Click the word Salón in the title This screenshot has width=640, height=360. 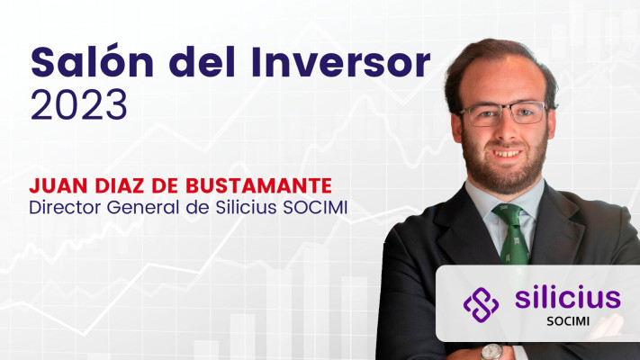(92, 61)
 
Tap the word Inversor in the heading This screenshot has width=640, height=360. (341, 62)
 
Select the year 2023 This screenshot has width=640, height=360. (79, 104)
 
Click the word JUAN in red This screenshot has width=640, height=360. (59, 186)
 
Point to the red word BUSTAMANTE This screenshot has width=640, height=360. (258, 186)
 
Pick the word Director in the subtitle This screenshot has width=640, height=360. (65, 207)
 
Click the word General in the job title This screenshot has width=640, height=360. (143, 207)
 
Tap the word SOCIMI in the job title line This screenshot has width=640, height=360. (315, 207)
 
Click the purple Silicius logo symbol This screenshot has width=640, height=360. (481, 304)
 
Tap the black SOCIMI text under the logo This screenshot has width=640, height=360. (568, 321)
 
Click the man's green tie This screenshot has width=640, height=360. (512, 234)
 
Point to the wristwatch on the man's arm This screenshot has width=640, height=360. (491, 351)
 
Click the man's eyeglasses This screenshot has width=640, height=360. (504, 113)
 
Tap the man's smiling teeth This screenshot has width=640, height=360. (507, 154)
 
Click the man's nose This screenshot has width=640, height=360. (505, 130)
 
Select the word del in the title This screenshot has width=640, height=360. (202, 61)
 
